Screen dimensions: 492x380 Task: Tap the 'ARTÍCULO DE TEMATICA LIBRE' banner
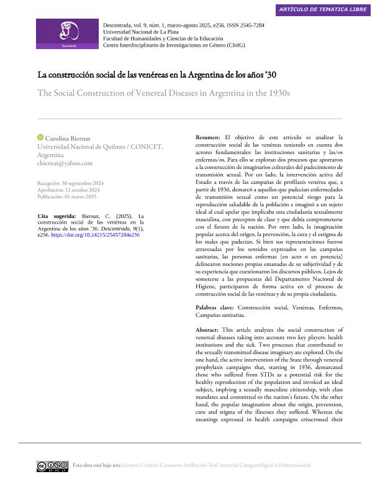pos(322,9)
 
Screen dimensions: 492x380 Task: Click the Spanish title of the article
pos(157,75)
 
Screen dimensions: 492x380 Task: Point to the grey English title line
pos(164,93)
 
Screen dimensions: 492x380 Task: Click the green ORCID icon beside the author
pos(40,137)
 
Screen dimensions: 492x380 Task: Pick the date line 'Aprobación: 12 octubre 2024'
pos(69,190)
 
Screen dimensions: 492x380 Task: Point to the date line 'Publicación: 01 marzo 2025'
pos(67,196)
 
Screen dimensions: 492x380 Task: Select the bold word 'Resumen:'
pos(208,137)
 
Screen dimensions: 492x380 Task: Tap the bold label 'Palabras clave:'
pos(215,307)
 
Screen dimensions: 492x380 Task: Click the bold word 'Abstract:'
pos(207,329)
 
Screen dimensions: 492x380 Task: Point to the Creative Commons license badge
pos(52,466)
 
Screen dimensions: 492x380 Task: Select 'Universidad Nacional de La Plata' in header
pos(141,32)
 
